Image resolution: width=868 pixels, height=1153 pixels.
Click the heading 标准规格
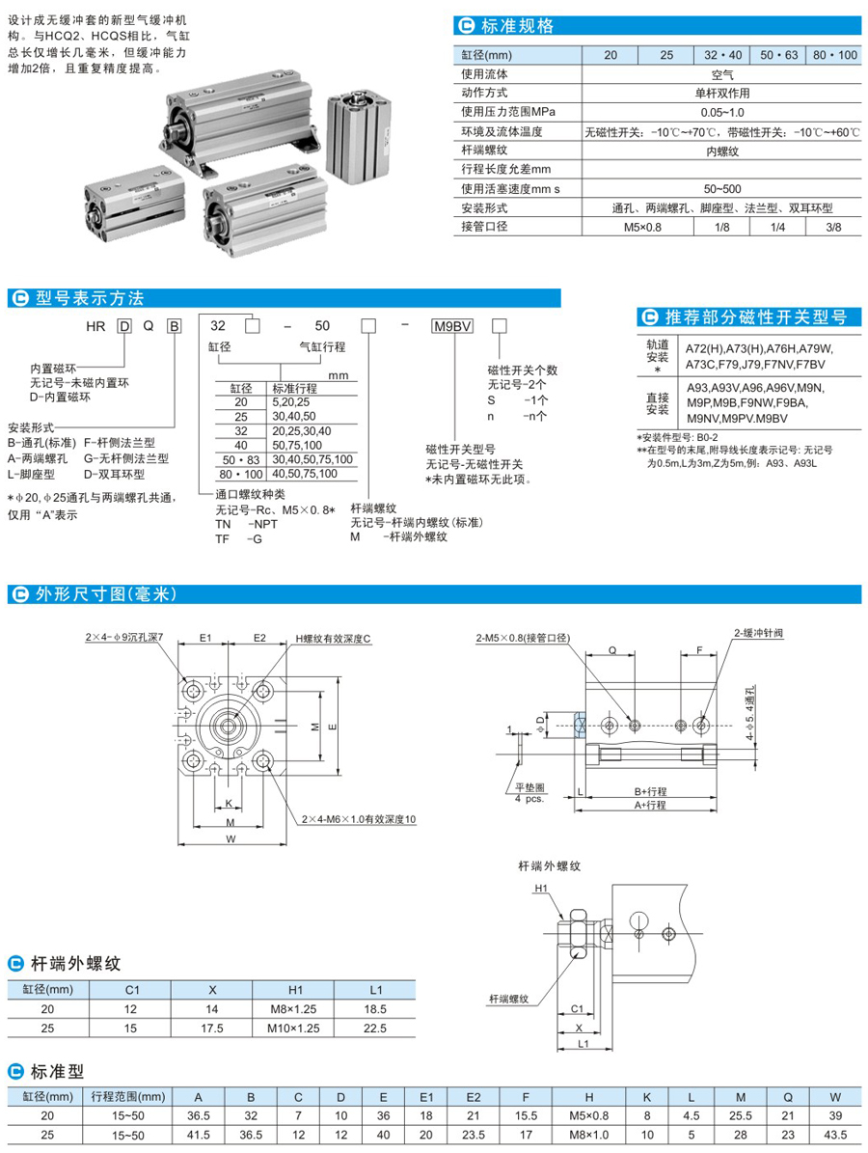531,26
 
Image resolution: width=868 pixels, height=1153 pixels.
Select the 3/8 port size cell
833,227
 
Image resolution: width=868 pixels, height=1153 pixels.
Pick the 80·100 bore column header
833,55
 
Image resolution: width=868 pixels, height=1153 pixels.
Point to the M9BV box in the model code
450,326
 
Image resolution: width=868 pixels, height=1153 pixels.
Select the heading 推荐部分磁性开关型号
758,316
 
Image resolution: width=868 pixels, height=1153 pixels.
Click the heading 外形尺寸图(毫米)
106,593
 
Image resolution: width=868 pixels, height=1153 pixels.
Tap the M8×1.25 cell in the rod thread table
296,1008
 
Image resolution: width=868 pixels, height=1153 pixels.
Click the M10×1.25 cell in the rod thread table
296,1028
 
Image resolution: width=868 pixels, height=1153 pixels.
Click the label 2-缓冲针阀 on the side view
757,633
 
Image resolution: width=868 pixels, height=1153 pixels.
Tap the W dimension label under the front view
231,839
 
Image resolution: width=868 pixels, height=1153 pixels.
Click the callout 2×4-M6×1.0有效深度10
357,819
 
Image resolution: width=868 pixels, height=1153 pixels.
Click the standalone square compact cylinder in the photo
361,134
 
